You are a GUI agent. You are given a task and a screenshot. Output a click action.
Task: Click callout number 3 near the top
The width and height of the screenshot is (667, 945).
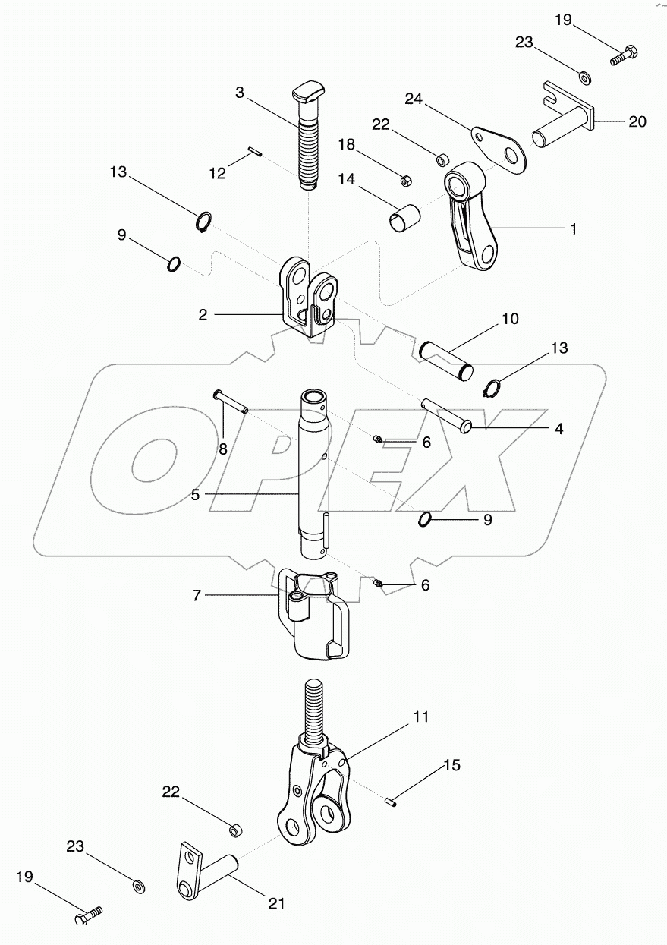pos(240,93)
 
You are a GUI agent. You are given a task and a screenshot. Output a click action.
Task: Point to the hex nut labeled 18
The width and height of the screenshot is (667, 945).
pos(406,181)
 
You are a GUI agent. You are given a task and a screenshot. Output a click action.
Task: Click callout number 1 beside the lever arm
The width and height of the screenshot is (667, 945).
pos(574,228)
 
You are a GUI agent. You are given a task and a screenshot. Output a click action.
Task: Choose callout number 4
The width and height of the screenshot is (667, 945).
pos(558,429)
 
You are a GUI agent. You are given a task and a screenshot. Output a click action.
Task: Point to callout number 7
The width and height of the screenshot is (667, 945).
pos(196,596)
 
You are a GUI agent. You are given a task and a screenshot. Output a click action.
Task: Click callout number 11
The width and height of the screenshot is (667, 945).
pos(421,716)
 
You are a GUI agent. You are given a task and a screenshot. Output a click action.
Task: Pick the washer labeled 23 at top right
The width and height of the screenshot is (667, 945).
pos(585,77)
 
